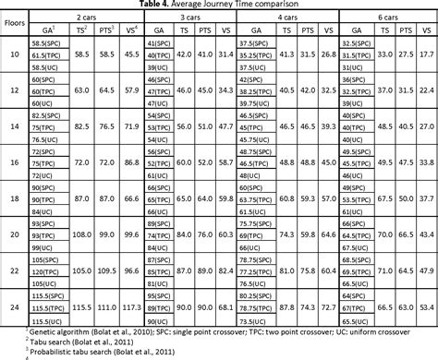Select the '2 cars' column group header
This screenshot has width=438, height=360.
point(87,17)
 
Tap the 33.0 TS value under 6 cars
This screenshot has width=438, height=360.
point(382,54)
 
